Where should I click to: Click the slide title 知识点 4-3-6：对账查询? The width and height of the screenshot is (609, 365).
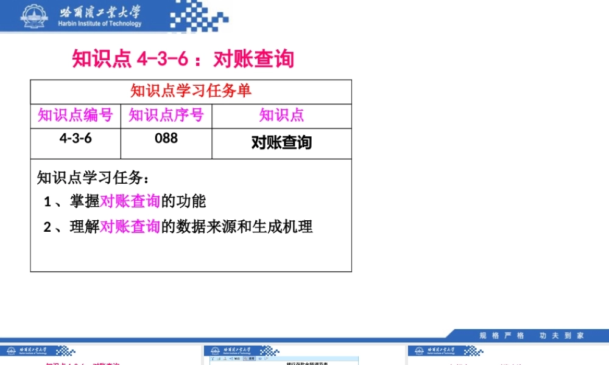[183, 59]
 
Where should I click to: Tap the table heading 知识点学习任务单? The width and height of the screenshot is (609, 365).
[191, 91]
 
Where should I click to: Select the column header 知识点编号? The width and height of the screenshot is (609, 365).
[76, 115]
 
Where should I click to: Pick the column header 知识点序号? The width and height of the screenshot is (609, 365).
[166, 115]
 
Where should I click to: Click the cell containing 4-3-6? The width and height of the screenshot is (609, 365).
[76, 138]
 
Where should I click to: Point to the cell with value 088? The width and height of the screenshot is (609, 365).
[166, 138]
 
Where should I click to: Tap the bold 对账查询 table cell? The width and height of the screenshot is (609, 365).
[281, 142]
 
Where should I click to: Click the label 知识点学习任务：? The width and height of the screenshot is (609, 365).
[93, 178]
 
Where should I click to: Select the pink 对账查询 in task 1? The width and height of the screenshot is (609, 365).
[130, 201]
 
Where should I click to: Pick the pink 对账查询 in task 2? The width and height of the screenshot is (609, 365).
[130, 227]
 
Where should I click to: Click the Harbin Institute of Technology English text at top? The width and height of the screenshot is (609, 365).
[100, 24]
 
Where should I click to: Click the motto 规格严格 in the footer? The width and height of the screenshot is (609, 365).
[502, 335]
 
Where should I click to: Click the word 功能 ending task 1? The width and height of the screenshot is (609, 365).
[191, 201]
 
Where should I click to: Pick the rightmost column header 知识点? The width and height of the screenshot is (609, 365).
[281, 115]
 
